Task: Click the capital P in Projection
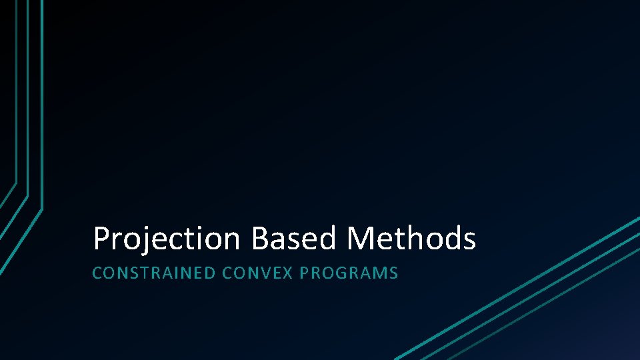[101, 239]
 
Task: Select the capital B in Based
[261, 239]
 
